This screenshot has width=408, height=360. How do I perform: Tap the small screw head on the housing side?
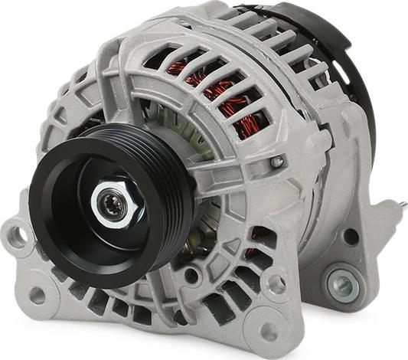point(277,162)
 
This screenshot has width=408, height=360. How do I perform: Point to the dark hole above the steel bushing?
point(351,237)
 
